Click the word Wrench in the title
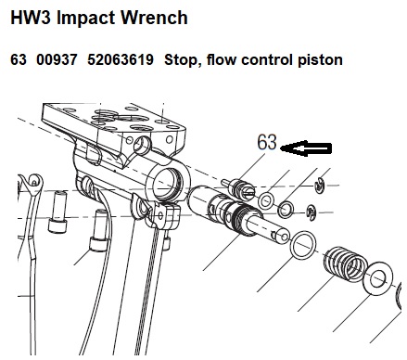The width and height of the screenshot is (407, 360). coord(154,18)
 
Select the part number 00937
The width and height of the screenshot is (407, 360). coord(57,59)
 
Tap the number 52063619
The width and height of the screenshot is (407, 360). coord(121,59)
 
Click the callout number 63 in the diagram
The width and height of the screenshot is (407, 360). coord(267,142)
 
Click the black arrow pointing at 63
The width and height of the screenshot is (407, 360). coord(306,148)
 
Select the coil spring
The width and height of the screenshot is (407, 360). coord(346,264)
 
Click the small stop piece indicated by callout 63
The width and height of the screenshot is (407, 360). coord(238,188)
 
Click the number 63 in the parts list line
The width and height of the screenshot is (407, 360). coord(19,59)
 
